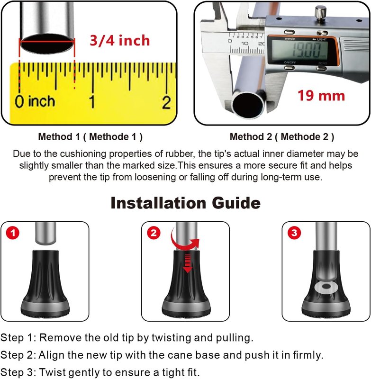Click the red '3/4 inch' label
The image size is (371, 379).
coord(119,40)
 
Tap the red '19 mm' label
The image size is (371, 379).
coord(321,96)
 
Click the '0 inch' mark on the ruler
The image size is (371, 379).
coord(35,101)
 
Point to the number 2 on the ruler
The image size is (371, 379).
coord(166,102)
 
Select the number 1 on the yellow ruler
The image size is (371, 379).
coord(92,102)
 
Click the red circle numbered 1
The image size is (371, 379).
coord(13,233)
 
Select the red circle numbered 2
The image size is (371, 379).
coord(154,233)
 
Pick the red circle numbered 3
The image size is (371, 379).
coord(294,233)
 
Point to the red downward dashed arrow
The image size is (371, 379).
coord(188,263)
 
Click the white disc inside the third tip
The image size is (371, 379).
coord(326,287)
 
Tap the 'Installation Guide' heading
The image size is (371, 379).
coord(185,203)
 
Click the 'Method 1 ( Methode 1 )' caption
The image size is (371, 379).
coord(90,137)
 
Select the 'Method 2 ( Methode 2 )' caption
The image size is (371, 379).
coord(282,137)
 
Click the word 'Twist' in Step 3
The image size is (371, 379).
coord(50,372)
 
